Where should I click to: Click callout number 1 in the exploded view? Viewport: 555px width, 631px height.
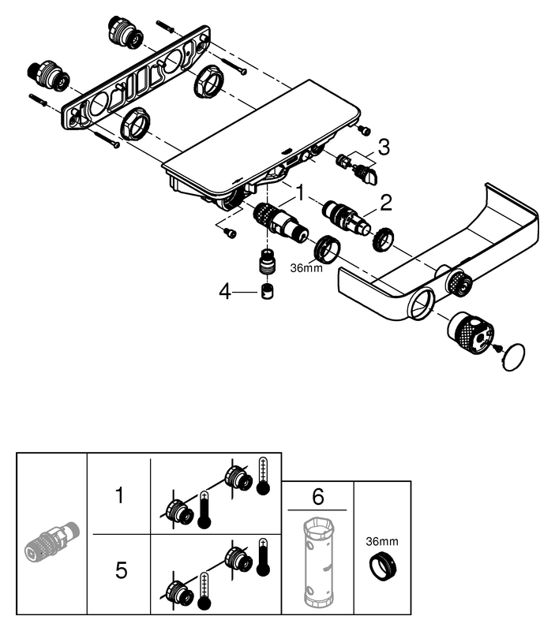[300, 192]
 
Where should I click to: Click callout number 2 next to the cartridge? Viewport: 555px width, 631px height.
[385, 203]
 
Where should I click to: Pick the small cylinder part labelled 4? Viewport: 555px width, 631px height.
[268, 291]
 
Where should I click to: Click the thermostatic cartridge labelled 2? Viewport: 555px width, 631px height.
[347, 216]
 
